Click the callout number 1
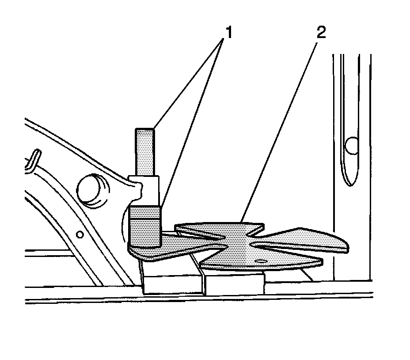tap(228, 32)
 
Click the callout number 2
tap(321, 32)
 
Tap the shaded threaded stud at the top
tap(144, 152)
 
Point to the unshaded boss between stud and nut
tap(145, 191)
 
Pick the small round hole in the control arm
tap(80, 234)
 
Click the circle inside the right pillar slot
tap(351, 146)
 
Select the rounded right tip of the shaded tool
tap(345, 245)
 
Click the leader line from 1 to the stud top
tap(188, 84)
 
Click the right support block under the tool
tap(234, 283)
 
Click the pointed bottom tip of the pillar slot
tap(350, 185)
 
